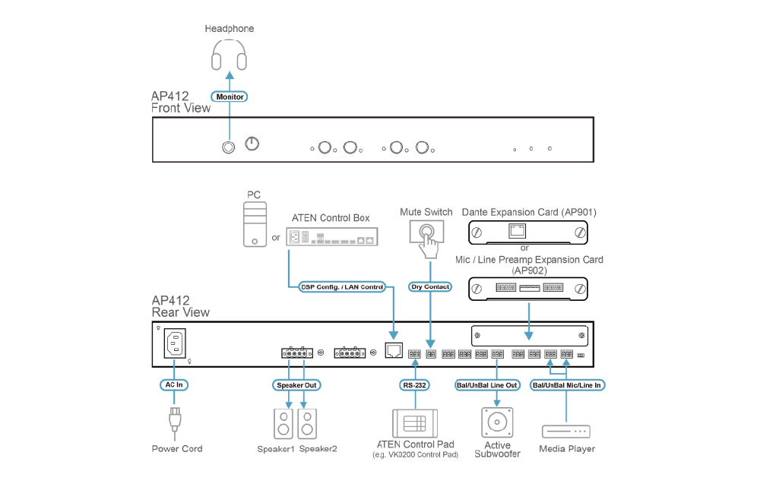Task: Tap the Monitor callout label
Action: click(230, 97)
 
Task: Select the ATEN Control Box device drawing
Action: click(331, 237)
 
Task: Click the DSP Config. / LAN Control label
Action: click(342, 286)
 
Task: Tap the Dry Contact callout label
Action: click(430, 286)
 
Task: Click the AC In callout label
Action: click(175, 384)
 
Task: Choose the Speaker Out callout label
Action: click(296, 384)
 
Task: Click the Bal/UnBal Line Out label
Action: click(496, 384)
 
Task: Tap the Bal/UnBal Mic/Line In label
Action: click(566, 384)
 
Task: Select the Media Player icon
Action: click(566, 431)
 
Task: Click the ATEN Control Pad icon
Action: click(414, 422)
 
